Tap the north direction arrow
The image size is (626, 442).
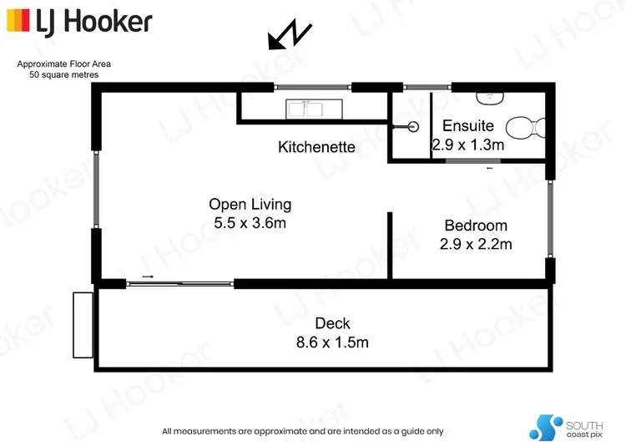tap(290, 37)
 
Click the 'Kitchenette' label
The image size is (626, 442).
tap(316, 148)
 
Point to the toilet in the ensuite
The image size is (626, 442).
tap(526, 130)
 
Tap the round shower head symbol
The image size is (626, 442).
tap(411, 127)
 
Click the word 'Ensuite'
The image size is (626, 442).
tap(467, 126)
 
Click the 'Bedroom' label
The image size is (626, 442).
tap(476, 226)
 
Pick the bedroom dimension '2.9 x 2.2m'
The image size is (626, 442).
tap(476, 244)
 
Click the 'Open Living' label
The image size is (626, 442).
tap(250, 204)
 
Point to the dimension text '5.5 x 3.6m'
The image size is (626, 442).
tap(250, 222)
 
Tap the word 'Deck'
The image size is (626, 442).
tap(332, 323)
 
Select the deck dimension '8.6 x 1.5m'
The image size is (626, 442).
tap(332, 342)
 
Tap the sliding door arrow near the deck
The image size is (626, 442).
tap(148, 277)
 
